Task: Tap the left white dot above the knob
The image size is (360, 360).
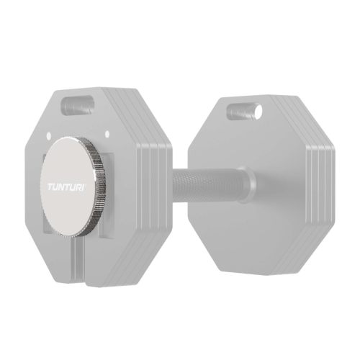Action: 48,135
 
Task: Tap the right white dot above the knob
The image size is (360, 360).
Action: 107,133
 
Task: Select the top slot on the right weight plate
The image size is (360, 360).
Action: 244,111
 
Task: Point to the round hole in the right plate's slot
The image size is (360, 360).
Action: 258,109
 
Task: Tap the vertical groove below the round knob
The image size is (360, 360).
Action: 79,262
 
